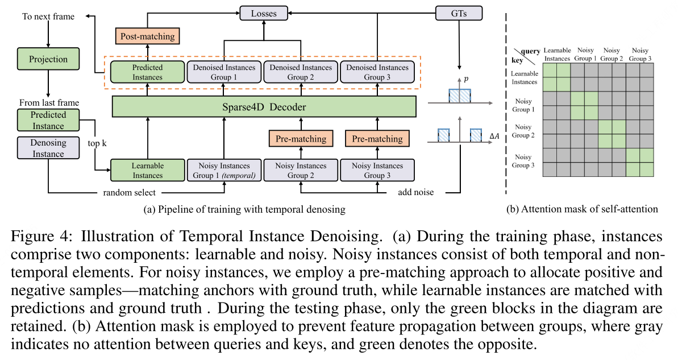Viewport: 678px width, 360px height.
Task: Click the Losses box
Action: [x=263, y=12]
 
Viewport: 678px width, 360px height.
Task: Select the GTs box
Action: [x=458, y=12]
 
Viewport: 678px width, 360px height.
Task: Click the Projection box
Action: [x=48, y=59]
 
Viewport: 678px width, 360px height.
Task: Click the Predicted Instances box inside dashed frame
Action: [x=148, y=73]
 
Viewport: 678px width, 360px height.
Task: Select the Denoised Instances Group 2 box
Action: [x=300, y=73]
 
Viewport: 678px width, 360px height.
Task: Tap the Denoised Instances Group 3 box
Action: [x=377, y=73]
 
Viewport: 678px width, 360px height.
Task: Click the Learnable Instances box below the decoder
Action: [x=148, y=171]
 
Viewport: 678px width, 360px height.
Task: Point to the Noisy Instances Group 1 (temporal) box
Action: [x=224, y=171]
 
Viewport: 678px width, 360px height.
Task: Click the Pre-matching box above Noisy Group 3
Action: [x=377, y=139]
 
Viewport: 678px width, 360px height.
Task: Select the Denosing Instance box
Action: [x=48, y=148]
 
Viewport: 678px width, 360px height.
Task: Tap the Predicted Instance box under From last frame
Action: [x=48, y=120]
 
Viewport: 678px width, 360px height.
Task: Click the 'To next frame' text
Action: [x=48, y=16]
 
